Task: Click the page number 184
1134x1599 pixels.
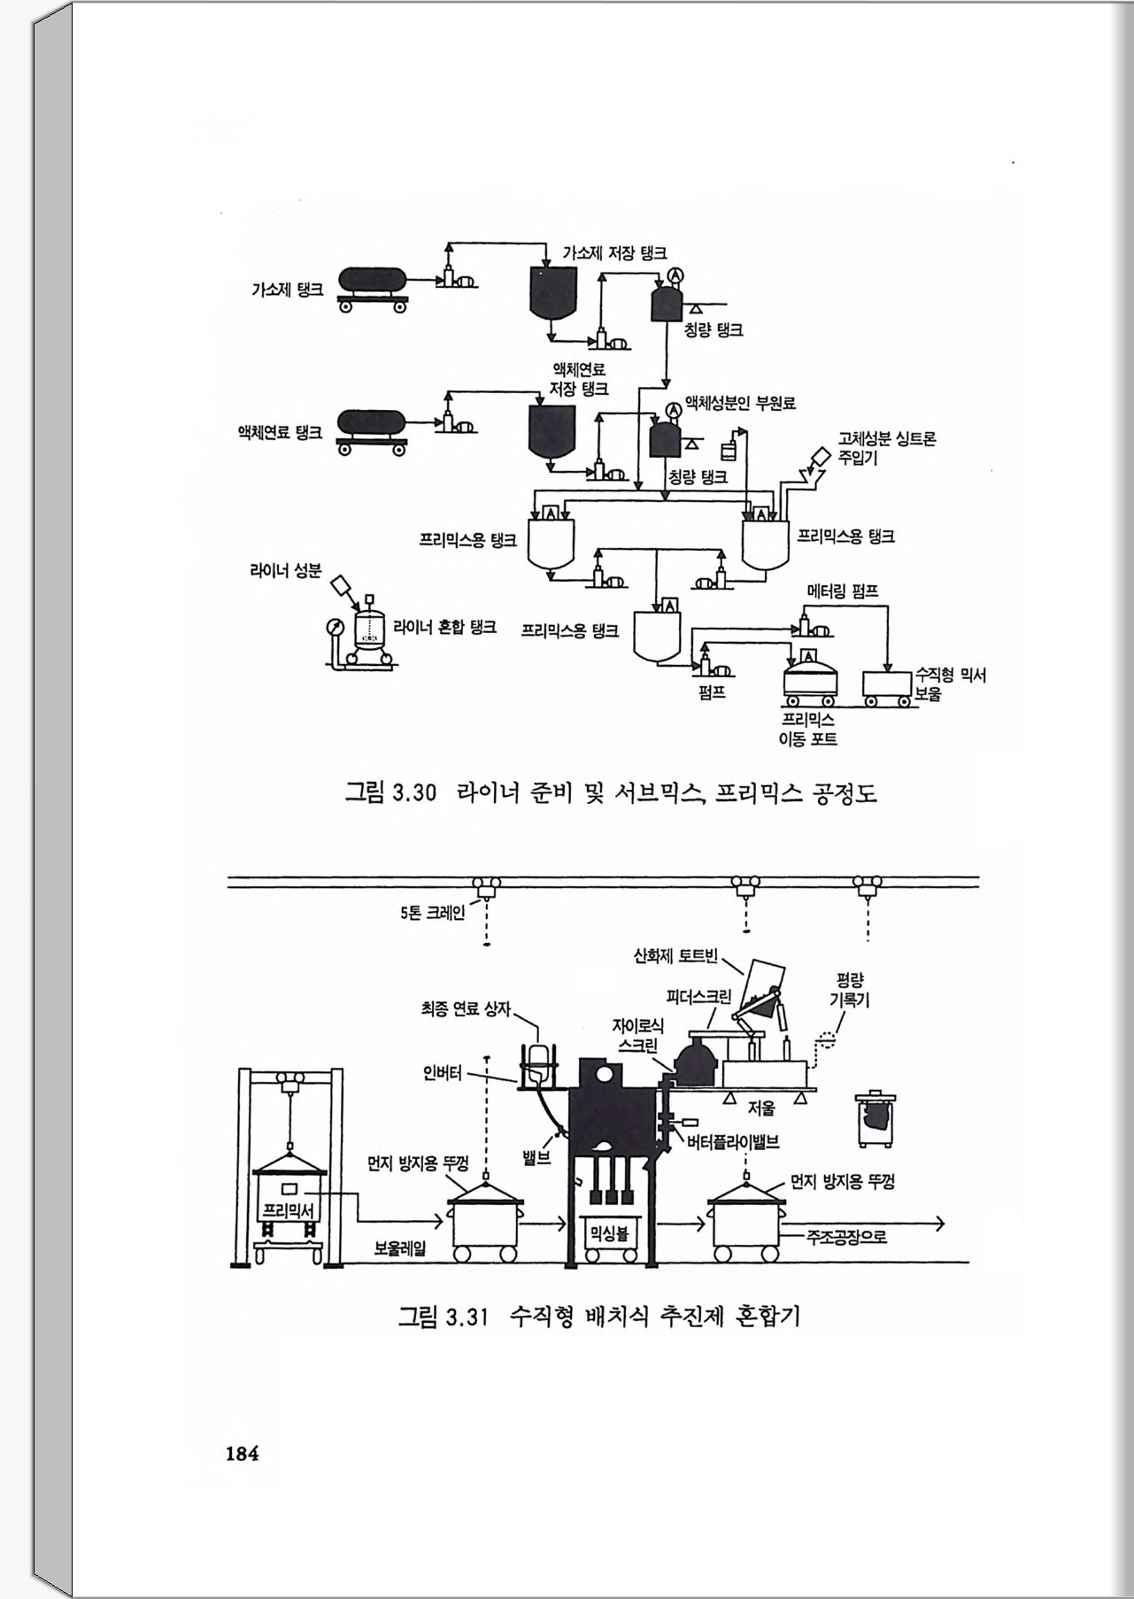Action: click(x=242, y=1453)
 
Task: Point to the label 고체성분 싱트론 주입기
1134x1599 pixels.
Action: click(x=885, y=448)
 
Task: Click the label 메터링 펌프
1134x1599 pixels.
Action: click(x=843, y=591)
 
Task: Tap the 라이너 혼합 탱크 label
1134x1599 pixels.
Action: click(x=444, y=628)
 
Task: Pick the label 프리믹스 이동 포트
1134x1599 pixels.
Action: click(x=807, y=729)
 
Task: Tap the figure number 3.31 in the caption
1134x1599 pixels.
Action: click(x=466, y=1317)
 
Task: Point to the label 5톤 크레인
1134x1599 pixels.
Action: click(x=432, y=912)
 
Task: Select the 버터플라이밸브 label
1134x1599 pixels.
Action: click(x=733, y=1142)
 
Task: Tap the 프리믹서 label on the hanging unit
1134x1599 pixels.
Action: click(x=289, y=1209)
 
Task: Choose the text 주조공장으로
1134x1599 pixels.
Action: click(x=846, y=1236)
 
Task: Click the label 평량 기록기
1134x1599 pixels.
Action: click(x=849, y=990)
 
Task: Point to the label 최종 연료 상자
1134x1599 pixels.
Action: click(x=466, y=1008)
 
